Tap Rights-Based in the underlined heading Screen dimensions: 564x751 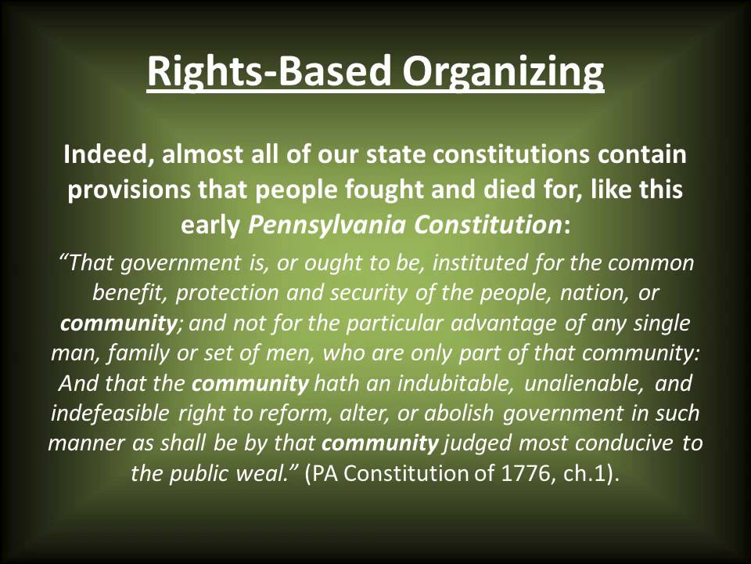pos(268,72)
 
